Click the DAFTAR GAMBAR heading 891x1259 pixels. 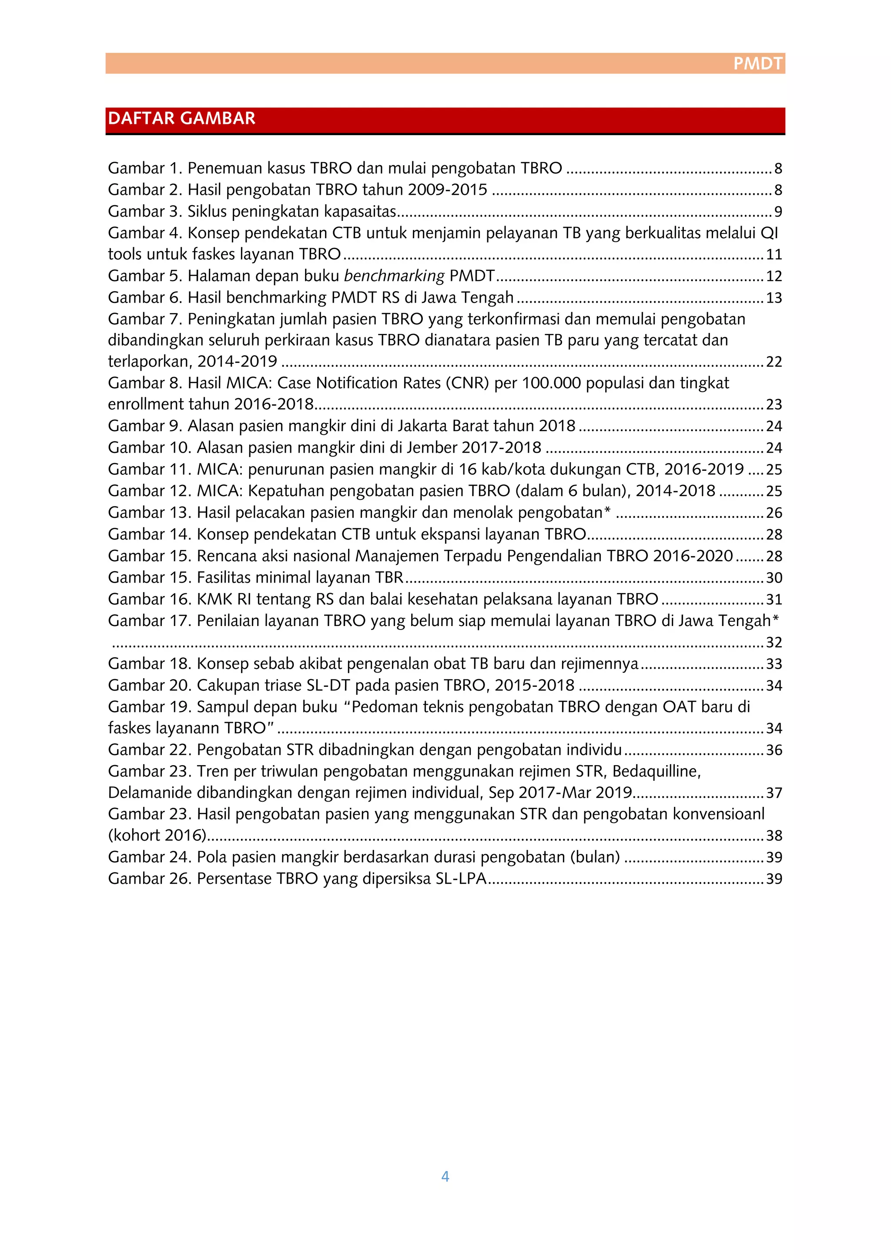(x=181, y=118)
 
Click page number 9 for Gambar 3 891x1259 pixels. (x=777, y=212)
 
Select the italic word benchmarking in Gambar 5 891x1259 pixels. (x=394, y=276)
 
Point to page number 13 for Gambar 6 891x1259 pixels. (x=774, y=298)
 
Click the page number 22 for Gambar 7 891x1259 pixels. (x=774, y=362)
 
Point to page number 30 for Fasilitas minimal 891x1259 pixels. (x=774, y=578)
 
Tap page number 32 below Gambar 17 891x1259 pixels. (x=774, y=643)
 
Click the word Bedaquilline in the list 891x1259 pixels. (x=656, y=772)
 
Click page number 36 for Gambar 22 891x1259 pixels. (x=774, y=750)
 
